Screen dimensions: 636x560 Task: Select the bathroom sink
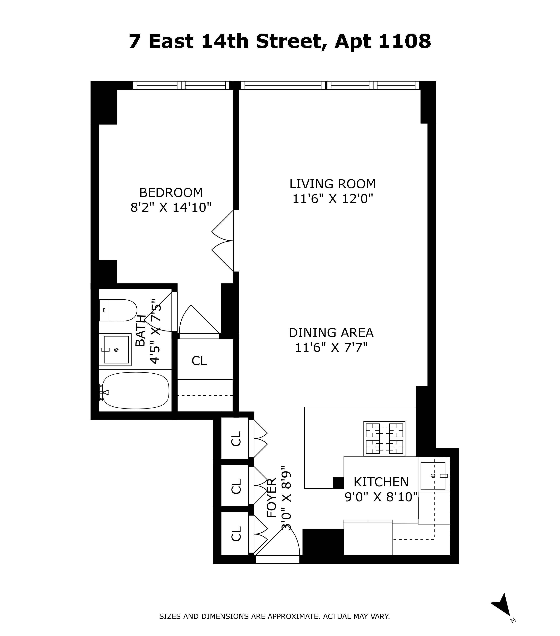[116, 349]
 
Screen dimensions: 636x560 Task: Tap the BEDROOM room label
[171, 193]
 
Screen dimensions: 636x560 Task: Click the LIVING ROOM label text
[332, 184]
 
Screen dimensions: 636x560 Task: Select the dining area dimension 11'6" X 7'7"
[331, 347]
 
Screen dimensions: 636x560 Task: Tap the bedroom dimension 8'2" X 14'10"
[171, 207]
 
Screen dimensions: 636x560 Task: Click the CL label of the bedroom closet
[199, 361]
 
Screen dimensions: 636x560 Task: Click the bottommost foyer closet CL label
[236, 534]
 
